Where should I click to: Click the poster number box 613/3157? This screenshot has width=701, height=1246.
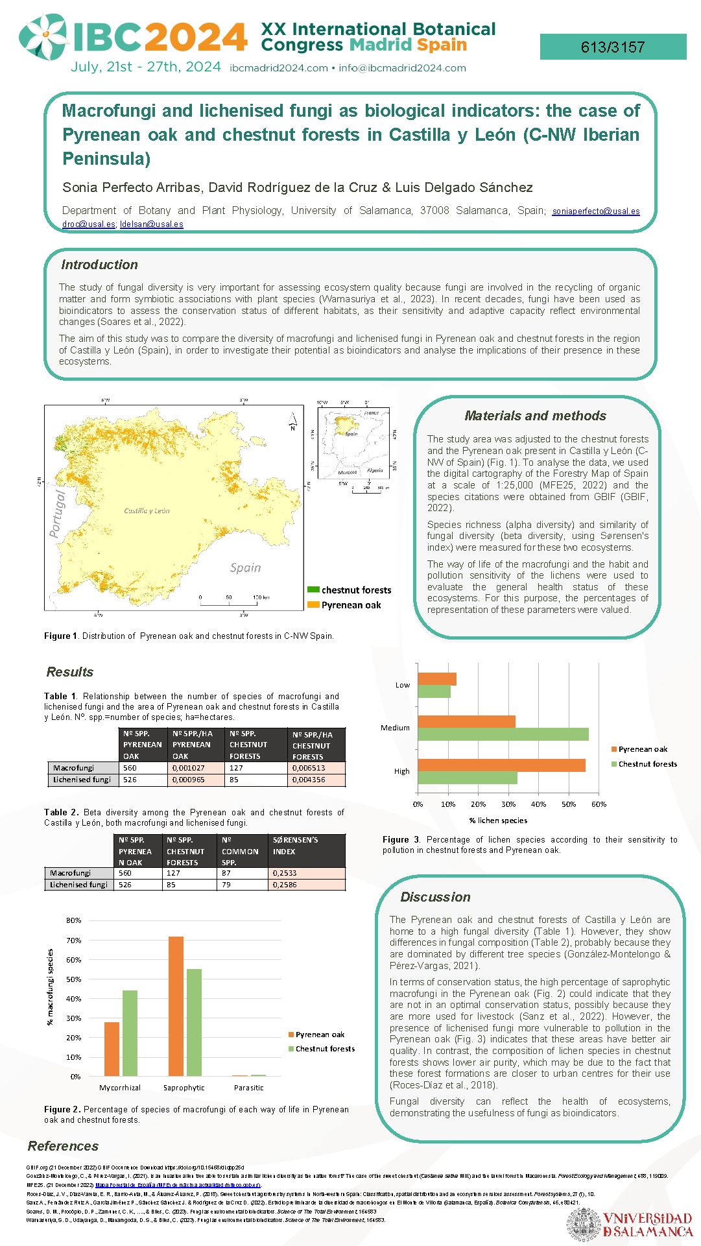tap(613, 47)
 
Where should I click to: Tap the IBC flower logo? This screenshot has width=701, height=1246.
tap(43, 36)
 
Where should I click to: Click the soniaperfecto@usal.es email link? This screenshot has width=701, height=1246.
tap(595, 211)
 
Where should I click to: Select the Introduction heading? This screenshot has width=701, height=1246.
tap(99, 265)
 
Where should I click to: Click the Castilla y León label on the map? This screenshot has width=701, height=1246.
tap(147, 511)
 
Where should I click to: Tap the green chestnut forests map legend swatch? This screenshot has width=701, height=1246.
tap(313, 590)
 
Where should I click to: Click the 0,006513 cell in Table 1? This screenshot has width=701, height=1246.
tap(316, 768)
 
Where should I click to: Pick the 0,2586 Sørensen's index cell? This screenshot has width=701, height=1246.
tap(306, 885)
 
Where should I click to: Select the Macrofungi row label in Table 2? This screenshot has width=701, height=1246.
tap(71, 873)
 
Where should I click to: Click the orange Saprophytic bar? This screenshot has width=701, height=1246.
tap(176, 1006)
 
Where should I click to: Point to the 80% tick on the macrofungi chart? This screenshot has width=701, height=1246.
tap(73, 920)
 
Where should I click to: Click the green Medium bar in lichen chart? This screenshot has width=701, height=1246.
tap(503, 734)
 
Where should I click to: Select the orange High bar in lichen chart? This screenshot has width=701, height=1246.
tap(501, 765)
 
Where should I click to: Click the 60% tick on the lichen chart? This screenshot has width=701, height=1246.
tap(599, 804)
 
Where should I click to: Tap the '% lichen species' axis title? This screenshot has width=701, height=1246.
tap(498, 821)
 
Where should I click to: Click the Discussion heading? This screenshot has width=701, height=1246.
tap(435, 897)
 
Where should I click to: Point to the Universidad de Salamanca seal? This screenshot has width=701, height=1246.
tap(584, 1225)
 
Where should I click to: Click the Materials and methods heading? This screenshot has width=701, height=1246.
tap(535, 416)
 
